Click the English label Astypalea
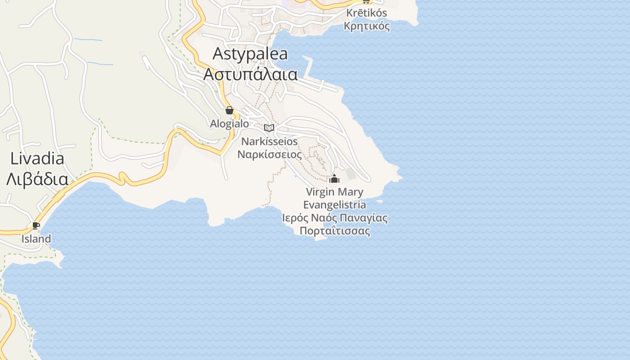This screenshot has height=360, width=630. coord(250,54)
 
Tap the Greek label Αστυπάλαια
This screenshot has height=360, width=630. coord(250,74)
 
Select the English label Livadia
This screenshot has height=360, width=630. coord(37,158)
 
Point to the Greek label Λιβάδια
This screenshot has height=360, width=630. coord(37,179)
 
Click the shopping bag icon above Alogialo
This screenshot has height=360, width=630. coord(229,110)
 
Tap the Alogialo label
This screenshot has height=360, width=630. coord(229,123)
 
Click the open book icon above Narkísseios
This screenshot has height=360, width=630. coord(269,128)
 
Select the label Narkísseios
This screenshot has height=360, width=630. coord(270,141)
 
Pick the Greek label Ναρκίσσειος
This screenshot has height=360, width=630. coord(270,154)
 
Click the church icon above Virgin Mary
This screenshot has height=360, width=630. coord(334,179)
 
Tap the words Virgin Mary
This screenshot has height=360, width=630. coord(334,192)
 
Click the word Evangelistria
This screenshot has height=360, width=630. coord(334,205)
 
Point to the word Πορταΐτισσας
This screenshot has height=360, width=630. coord(335,231)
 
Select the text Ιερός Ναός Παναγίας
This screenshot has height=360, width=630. coord(335,218)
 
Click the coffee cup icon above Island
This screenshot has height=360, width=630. coord(36,225)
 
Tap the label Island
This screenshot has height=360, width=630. coord(36,239)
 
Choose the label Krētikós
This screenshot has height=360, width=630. coord(366,13)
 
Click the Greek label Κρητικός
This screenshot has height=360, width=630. coord(366,26)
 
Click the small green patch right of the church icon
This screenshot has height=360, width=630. coord(351,174)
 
